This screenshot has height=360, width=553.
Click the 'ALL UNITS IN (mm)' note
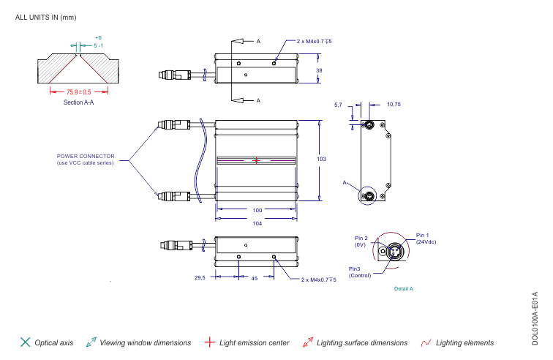click(x=45, y=17)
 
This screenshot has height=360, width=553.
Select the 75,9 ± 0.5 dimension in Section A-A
click(x=78, y=92)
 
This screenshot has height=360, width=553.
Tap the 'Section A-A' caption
click(x=78, y=103)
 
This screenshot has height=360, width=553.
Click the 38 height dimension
click(x=319, y=70)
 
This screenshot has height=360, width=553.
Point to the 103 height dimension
click(x=320, y=159)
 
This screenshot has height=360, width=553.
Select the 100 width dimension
click(x=257, y=210)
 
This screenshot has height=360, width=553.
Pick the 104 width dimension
click(x=257, y=223)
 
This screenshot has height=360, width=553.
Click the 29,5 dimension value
click(x=200, y=278)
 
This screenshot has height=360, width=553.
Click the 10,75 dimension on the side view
click(x=394, y=105)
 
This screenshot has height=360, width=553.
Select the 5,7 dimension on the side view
click(x=338, y=105)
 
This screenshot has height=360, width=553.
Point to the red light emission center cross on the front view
click(x=257, y=160)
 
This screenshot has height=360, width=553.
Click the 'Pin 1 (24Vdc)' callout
click(x=426, y=238)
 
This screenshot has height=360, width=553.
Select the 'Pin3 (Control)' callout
click(x=360, y=272)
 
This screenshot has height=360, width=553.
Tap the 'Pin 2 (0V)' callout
click(x=361, y=241)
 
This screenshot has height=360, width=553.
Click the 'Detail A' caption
click(x=403, y=289)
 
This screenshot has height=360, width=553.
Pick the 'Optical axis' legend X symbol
click(x=25, y=342)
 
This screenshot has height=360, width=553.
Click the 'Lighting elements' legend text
click(x=464, y=342)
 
